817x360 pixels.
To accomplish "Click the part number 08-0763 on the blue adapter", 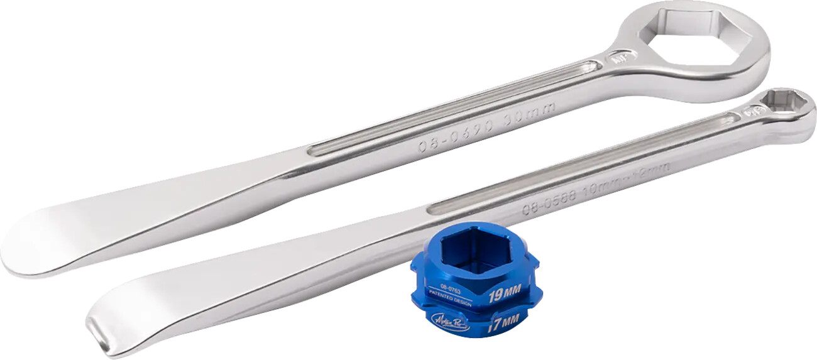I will click(451, 291).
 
